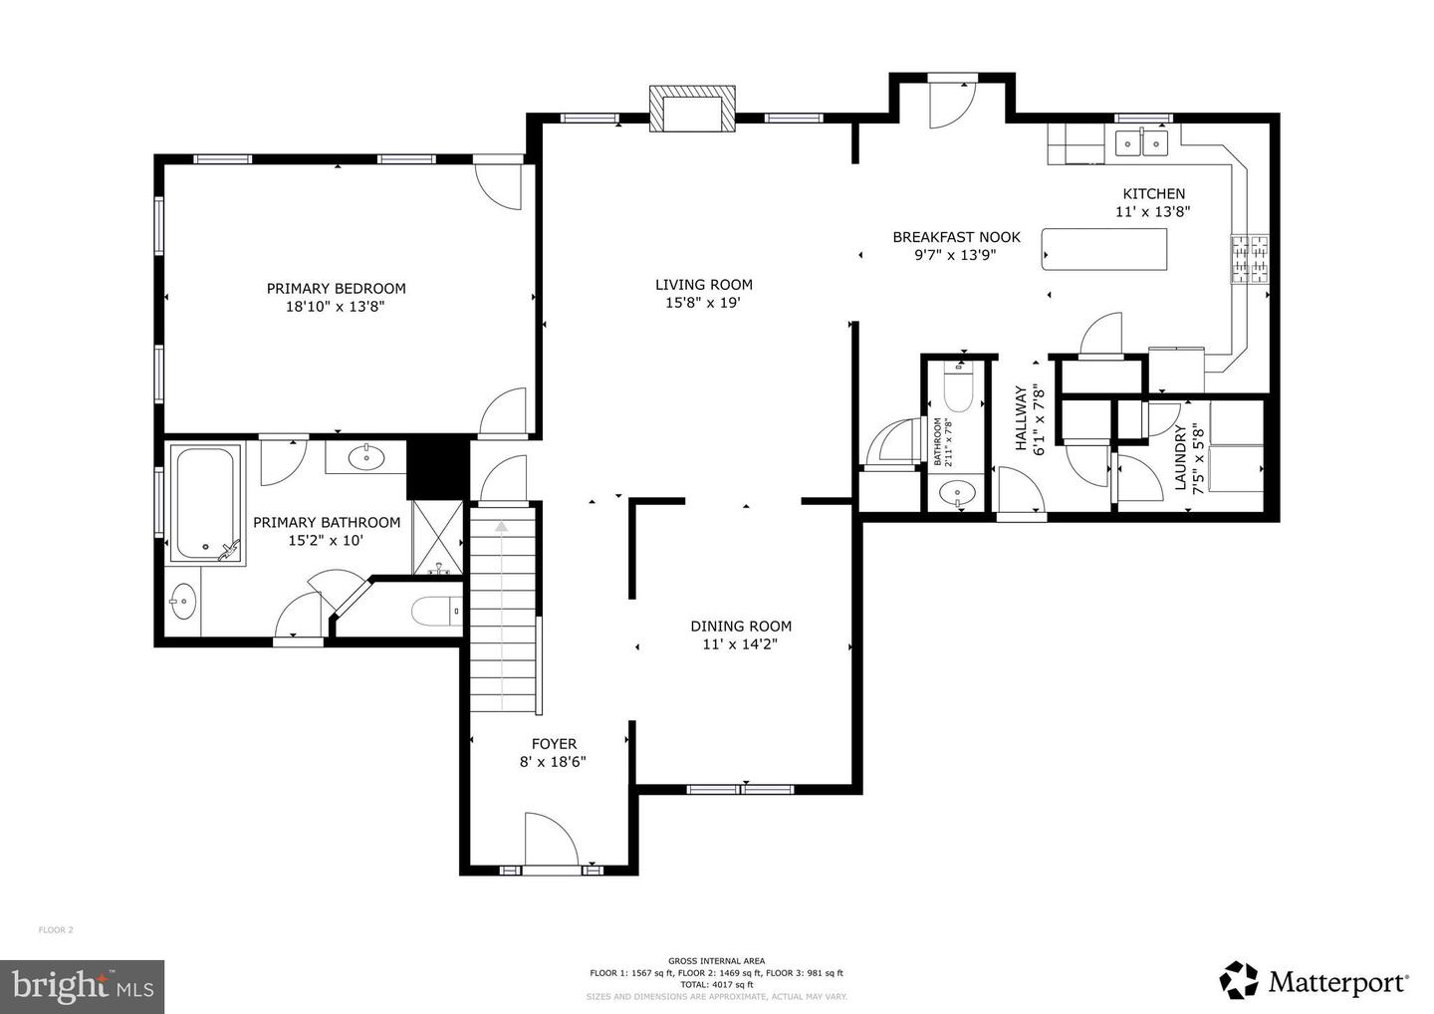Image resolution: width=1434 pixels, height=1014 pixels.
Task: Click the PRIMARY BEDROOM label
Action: coord(336,289)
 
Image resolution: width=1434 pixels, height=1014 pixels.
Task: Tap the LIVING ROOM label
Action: coord(703,285)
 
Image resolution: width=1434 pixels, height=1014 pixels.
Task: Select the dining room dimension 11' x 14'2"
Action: coord(741,644)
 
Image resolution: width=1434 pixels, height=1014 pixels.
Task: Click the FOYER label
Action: coord(554,744)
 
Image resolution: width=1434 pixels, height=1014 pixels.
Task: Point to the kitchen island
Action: coord(1103,249)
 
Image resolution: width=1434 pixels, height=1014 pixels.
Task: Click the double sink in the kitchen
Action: coord(1141,144)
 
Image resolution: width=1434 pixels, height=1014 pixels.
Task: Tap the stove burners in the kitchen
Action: coord(1251,259)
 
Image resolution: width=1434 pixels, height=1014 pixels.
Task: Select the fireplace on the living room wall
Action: coord(693,108)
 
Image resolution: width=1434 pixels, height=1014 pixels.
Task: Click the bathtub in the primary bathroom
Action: coord(206,503)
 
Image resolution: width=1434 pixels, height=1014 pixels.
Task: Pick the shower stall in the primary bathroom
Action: coord(437,538)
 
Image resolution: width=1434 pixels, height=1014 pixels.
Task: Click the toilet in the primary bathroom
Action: coord(436,610)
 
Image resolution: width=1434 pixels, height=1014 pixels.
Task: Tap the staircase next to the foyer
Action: coord(503,613)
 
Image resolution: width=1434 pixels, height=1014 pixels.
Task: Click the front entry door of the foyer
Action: coord(551,842)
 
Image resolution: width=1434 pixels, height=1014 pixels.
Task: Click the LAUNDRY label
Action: coord(1181,458)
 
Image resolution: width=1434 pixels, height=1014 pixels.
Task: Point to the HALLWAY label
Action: coord(1021,419)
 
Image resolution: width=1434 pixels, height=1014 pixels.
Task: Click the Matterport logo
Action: coord(1314,981)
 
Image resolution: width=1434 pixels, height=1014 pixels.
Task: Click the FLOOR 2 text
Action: coord(56,930)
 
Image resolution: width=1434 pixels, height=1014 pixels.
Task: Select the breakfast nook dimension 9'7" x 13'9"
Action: coord(955,255)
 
